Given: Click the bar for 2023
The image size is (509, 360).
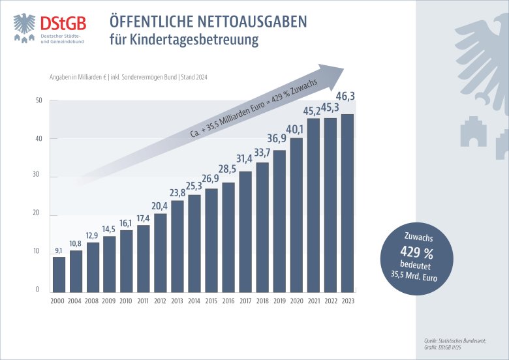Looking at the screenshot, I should click(347, 203).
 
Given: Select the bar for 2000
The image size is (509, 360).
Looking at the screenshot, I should click(59, 274).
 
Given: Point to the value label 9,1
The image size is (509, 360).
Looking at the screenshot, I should click(59, 250).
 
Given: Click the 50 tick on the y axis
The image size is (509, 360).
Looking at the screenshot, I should click(39, 100).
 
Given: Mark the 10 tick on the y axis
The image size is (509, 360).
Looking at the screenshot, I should click(39, 252).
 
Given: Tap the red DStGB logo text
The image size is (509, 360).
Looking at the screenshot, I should click(62, 21).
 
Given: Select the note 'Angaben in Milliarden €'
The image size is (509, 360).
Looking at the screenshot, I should click(75, 77).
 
